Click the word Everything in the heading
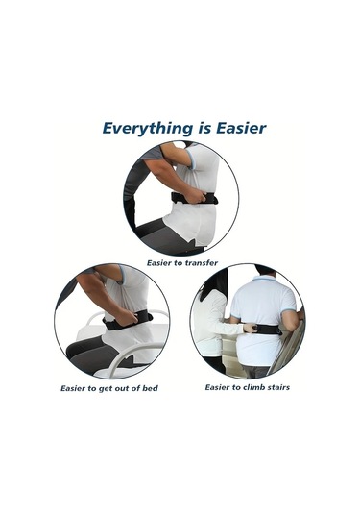[145, 127]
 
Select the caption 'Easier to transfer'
[181, 261]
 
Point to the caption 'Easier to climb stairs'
[247, 387]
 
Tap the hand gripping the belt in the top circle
[196, 196]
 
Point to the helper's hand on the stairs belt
[249, 329]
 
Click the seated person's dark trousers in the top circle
[154, 229]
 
